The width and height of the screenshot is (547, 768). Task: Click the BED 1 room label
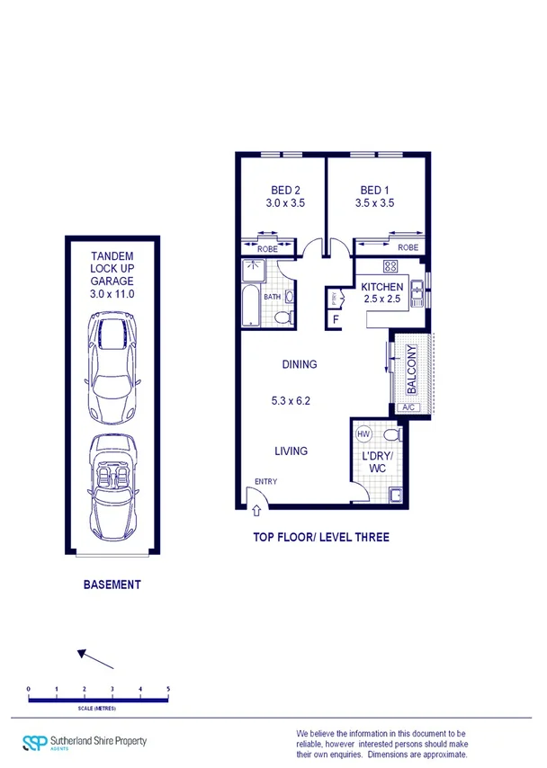pos(374,191)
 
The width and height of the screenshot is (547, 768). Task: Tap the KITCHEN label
pos(382,287)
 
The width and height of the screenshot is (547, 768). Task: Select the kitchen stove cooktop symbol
pos(391,265)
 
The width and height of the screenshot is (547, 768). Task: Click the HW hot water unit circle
pos(363,434)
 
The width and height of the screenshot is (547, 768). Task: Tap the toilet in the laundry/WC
pos(390,434)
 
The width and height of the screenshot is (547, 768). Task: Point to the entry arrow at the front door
pos(257,510)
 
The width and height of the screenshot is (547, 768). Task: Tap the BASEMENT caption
pos(112,585)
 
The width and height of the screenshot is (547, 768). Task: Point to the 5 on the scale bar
pos(168,689)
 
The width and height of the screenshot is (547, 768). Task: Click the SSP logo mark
pos(35,742)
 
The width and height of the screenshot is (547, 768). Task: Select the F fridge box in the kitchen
pos(336,318)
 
